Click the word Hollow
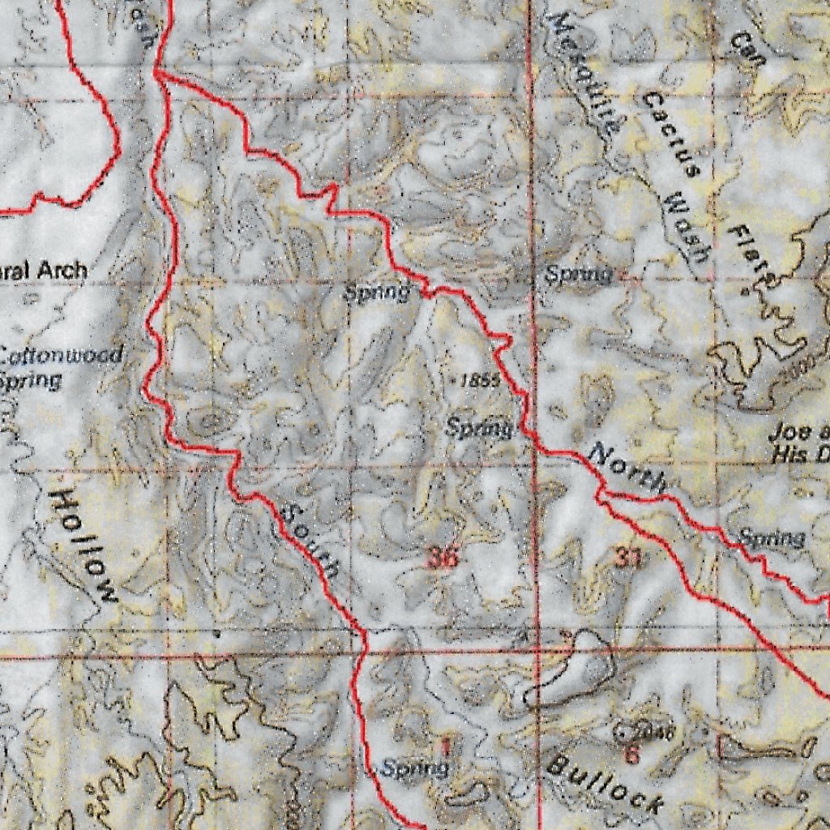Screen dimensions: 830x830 pyautogui.click(x=83, y=546)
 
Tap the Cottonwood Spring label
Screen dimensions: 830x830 pyautogui.click(x=61, y=366)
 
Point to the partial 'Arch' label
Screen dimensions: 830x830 pyautogui.click(x=44, y=271)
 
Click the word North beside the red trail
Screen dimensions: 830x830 pyautogui.click(x=629, y=468)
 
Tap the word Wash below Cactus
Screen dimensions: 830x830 pyautogui.click(x=685, y=227)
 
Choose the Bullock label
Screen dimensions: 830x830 pyautogui.click(x=605, y=783)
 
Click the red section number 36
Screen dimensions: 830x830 pyautogui.click(x=443, y=558)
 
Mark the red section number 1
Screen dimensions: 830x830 pyautogui.click(x=443, y=744)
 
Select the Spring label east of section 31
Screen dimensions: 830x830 pyautogui.click(x=771, y=537)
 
